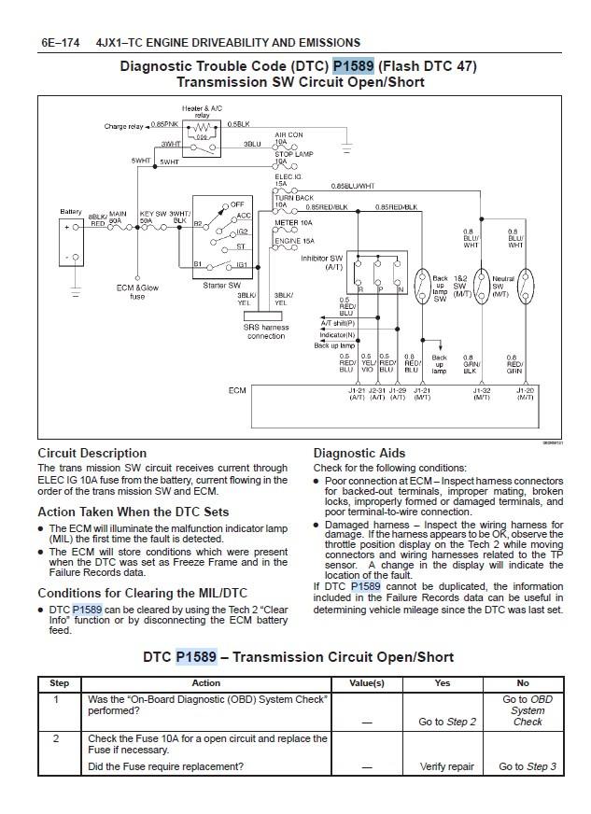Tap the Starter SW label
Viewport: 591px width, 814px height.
point(221,286)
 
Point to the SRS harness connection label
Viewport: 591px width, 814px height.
point(266,331)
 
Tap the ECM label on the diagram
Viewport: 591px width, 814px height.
point(237,390)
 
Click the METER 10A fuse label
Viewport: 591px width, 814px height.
point(292,223)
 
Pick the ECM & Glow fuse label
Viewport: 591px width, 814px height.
point(137,292)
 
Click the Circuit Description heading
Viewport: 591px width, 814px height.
point(91,453)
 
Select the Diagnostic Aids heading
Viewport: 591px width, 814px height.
point(363,453)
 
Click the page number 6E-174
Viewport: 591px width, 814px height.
point(60,42)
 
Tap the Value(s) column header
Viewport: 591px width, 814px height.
point(366,683)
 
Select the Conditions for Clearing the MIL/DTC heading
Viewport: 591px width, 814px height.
point(142,593)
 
